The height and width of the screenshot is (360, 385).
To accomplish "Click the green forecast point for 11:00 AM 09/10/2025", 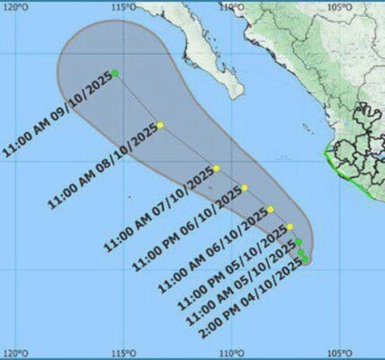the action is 115,72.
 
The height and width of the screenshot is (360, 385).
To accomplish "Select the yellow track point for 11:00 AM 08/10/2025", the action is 160,125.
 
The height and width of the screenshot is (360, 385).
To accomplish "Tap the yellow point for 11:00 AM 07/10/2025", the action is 217,168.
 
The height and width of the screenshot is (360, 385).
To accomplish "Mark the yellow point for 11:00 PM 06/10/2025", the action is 245,188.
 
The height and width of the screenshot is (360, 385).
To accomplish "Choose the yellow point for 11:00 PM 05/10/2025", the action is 290,227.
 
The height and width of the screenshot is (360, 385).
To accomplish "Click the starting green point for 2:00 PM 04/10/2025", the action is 306,260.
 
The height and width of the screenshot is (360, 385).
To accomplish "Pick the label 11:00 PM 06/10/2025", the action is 189,228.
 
